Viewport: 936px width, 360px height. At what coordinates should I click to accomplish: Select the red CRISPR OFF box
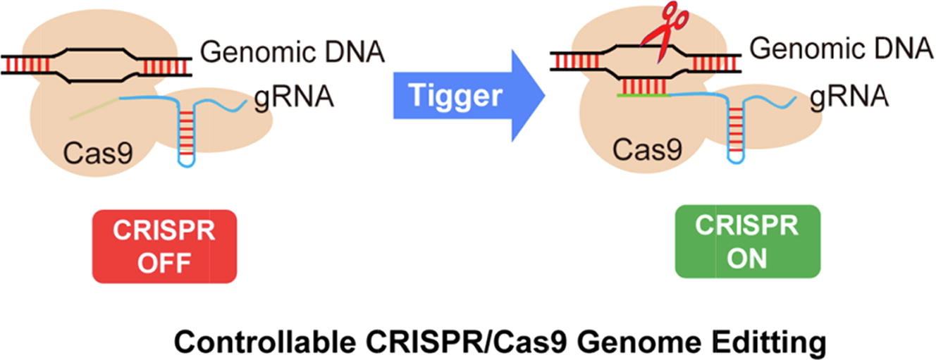[164, 247]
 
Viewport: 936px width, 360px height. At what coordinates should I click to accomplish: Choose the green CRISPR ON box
[747, 240]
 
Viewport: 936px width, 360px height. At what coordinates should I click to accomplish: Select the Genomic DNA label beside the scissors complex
[842, 49]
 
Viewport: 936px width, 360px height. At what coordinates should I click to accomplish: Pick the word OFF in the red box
[164, 262]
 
